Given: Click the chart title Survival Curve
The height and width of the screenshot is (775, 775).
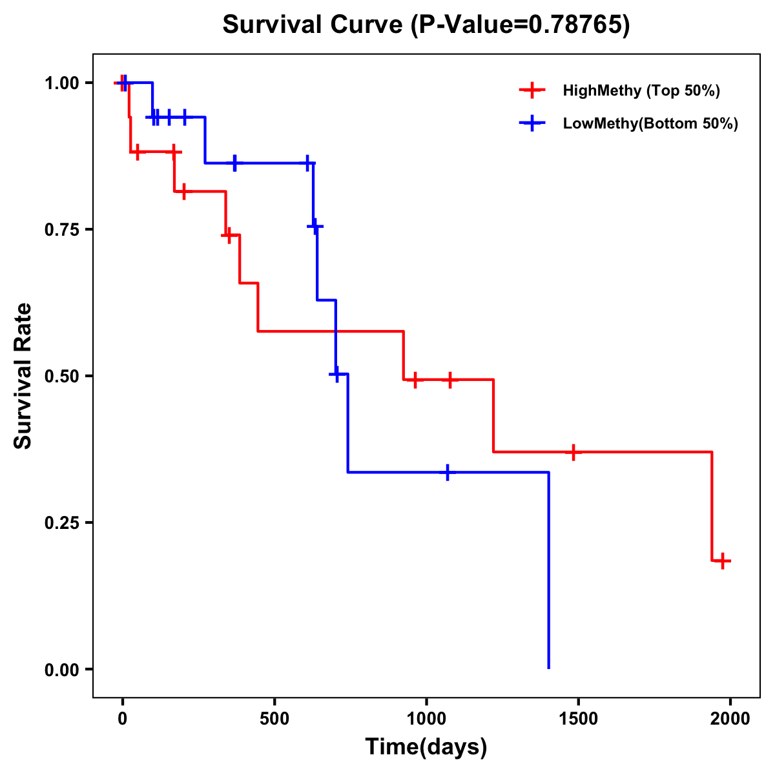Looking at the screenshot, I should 426,25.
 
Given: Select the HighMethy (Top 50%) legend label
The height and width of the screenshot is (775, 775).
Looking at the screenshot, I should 641,90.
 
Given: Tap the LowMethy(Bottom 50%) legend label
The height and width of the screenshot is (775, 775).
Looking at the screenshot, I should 650,123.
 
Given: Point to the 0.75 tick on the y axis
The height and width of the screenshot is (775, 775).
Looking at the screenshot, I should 61,229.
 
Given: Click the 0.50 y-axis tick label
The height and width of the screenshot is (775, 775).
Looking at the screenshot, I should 61,376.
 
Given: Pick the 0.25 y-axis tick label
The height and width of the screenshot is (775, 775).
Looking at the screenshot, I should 61,522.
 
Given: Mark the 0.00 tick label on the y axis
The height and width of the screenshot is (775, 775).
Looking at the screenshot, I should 61,669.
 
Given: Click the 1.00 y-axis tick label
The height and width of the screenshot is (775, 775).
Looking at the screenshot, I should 61,83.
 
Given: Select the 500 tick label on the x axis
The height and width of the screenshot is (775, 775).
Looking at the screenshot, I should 274,719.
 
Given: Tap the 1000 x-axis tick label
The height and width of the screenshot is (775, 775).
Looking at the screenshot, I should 426,719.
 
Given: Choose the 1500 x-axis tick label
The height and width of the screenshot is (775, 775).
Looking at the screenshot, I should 578,719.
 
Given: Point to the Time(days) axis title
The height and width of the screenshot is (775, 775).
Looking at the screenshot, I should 426,747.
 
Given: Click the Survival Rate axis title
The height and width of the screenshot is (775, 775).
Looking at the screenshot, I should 23,376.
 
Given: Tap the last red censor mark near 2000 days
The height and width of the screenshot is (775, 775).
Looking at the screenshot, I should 723,561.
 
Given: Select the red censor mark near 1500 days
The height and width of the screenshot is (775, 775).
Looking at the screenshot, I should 572,452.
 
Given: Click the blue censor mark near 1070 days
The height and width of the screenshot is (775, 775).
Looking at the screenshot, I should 447,473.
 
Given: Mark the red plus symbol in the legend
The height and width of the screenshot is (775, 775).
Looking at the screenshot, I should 532,90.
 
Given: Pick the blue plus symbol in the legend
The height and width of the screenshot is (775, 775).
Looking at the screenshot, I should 532,123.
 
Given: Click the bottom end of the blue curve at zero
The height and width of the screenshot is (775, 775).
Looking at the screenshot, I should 548,668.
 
